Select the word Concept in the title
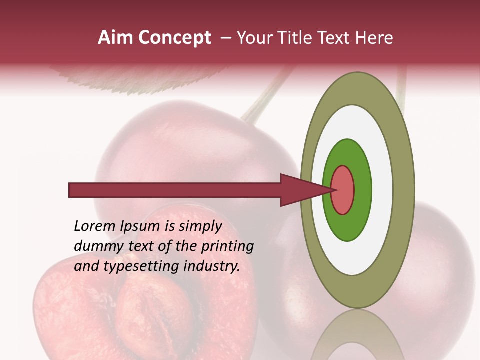click(175, 38)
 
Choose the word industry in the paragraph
click(212, 266)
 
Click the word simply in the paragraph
click(199, 227)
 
